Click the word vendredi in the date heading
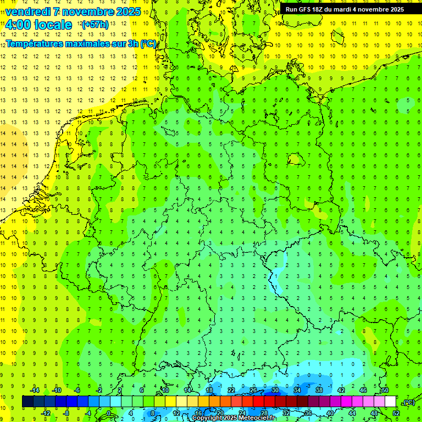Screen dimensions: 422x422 coord(29,12)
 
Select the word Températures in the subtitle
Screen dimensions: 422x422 coord(34,43)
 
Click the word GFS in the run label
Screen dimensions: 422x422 coord(307,9)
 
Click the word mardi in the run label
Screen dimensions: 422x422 coord(352,9)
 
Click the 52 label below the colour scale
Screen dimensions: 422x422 coord(396,413)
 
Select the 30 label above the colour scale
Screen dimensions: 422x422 coord(275,390)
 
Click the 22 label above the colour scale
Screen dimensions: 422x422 coord(231,390)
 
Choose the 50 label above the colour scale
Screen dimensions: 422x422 coord(385,390)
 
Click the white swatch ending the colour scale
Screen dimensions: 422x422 coord(391,402)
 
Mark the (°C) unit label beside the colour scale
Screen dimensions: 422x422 coord(408,402)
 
